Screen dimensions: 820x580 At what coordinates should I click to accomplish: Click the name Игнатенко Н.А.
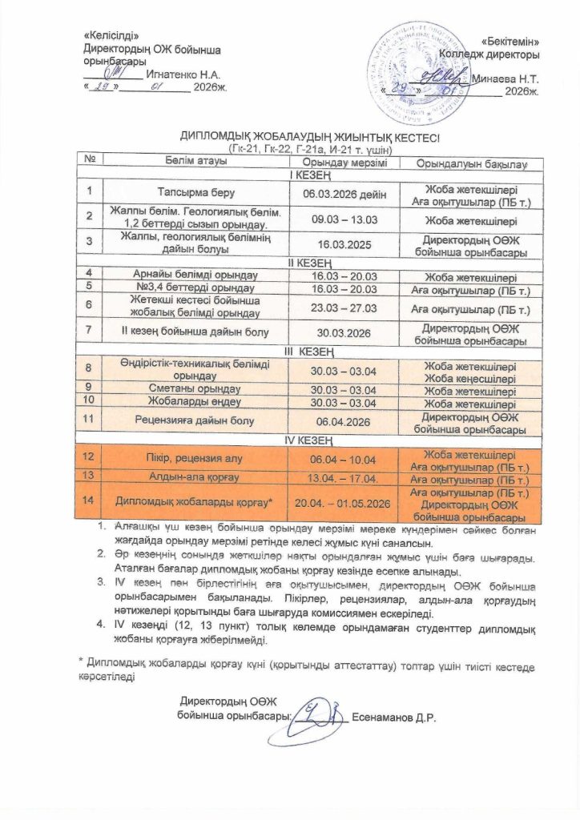coord(180,74)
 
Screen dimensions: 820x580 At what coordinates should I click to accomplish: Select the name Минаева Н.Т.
coord(505,79)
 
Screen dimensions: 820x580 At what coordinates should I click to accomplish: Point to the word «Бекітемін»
coord(510,41)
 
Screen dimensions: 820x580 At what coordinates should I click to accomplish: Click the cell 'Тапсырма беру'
coord(196,193)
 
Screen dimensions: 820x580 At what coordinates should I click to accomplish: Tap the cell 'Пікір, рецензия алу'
coord(196,457)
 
